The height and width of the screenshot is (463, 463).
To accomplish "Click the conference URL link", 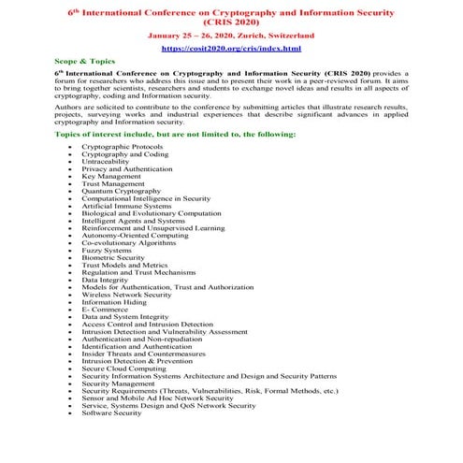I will pos(231,47).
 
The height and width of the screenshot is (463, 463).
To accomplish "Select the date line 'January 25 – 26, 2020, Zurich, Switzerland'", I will pos(231,35).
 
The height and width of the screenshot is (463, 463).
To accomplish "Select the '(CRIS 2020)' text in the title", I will pos(231,22).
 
